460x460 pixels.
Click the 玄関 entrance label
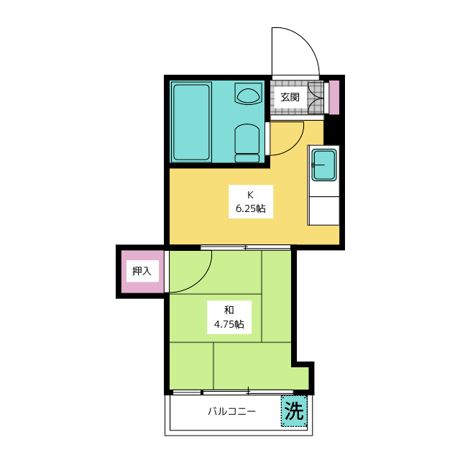[x=290, y=97]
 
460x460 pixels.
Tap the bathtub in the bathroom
[x=192, y=122]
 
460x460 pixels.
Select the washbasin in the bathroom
[x=248, y=93]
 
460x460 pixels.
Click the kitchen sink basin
[x=323, y=165]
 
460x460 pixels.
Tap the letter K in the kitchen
[x=250, y=195]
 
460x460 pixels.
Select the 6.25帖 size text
[x=251, y=208]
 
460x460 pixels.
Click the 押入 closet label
[x=142, y=271]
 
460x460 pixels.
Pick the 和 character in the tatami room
[x=229, y=310]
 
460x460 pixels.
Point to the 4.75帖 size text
[x=229, y=324]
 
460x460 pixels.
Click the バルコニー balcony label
[x=231, y=411]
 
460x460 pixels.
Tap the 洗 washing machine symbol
[x=294, y=410]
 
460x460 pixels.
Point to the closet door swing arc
[x=203, y=281]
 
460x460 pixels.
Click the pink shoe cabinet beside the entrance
[x=334, y=98]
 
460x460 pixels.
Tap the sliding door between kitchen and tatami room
[x=245, y=247]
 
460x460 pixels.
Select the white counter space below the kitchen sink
[x=323, y=211]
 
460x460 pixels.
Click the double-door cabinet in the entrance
[x=316, y=98]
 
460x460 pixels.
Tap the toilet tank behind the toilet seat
[x=247, y=158]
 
